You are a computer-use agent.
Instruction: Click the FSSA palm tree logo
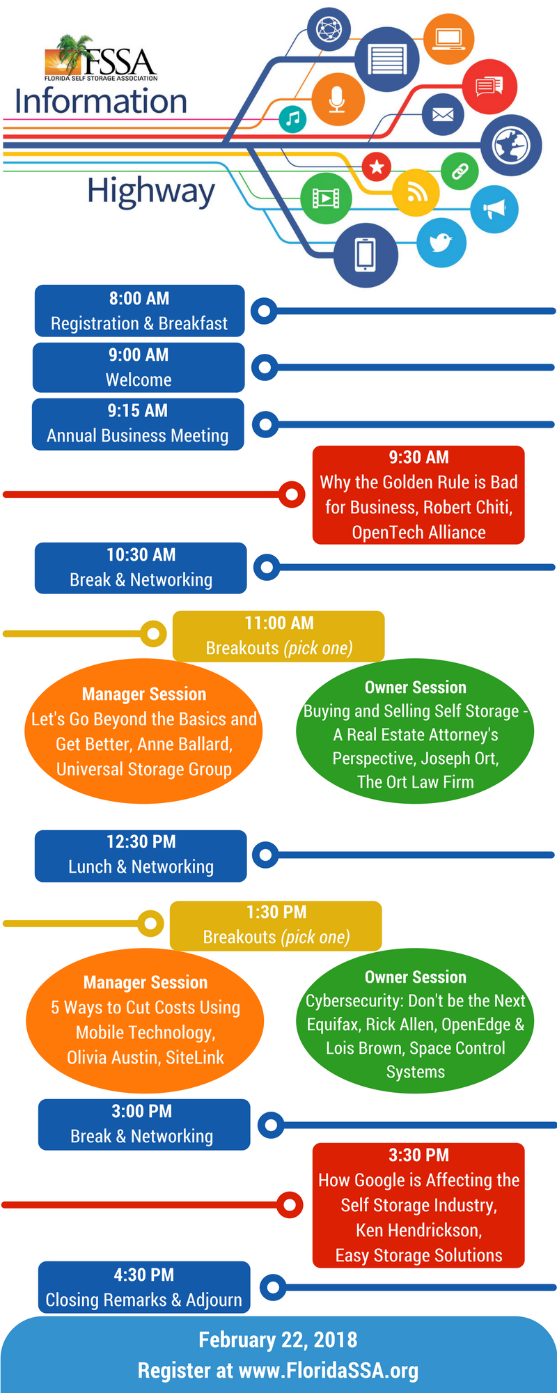(x=101, y=59)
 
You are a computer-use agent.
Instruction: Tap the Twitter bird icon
(x=441, y=242)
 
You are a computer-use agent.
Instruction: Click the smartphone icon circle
(x=366, y=254)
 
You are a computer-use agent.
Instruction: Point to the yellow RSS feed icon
(x=416, y=192)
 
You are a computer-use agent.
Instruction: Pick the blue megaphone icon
(x=494, y=209)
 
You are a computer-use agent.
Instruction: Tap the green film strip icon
(x=326, y=199)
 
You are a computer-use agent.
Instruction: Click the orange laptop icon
(x=448, y=38)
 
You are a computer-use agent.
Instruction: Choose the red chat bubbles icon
(x=489, y=86)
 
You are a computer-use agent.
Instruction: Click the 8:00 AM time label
(x=139, y=299)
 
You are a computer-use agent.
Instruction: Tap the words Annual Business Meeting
(x=138, y=436)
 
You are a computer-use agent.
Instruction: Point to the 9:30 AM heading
(x=419, y=458)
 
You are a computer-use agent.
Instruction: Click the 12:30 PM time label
(x=141, y=842)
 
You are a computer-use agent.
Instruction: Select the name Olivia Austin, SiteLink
(x=146, y=1057)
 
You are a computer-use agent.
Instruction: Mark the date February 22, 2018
(x=278, y=1340)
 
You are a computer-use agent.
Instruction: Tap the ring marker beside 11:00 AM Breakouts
(x=153, y=634)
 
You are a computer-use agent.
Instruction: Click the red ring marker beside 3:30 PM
(x=290, y=1204)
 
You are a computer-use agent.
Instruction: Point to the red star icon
(x=377, y=166)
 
